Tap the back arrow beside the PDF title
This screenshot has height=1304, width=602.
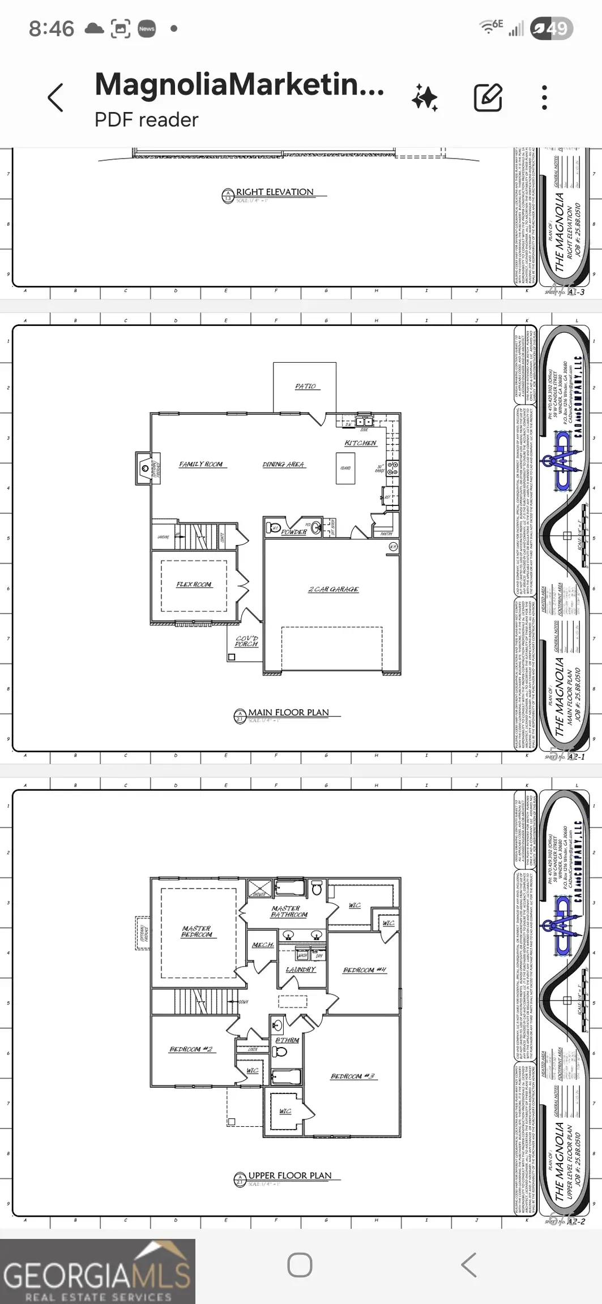pyautogui.click(x=55, y=98)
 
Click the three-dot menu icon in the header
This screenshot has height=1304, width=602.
pyautogui.click(x=544, y=98)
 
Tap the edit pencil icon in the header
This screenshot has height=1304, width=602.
pyautogui.click(x=488, y=97)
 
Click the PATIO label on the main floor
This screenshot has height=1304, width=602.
pyautogui.click(x=305, y=386)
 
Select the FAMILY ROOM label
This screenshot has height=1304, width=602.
pyautogui.click(x=201, y=464)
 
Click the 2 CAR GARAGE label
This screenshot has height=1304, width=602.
pyautogui.click(x=334, y=589)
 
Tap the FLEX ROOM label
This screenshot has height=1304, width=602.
pyautogui.click(x=194, y=584)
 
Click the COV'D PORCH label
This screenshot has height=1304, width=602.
pyautogui.click(x=246, y=641)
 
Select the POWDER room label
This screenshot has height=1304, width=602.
pyautogui.click(x=293, y=532)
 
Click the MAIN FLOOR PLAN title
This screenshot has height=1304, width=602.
pyautogui.click(x=288, y=713)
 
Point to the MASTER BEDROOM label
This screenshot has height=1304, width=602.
pyautogui.click(x=197, y=932)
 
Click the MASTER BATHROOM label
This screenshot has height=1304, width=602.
pyautogui.click(x=289, y=911)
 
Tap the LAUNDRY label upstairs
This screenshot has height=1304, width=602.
pyautogui.click(x=301, y=970)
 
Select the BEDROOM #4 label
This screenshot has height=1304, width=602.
pyautogui.click(x=365, y=970)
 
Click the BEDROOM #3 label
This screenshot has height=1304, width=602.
pyautogui.click(x=352, y=1076)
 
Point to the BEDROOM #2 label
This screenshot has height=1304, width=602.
pyautogui.click(x=191, y=1049)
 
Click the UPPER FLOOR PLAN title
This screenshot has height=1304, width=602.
pyautogui.click(x=289, y=1176)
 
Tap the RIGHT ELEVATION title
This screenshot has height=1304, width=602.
pyautogui.click(x=275, y=192)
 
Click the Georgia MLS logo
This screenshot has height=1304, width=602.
pyautogui.click(x=97, y=1271)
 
